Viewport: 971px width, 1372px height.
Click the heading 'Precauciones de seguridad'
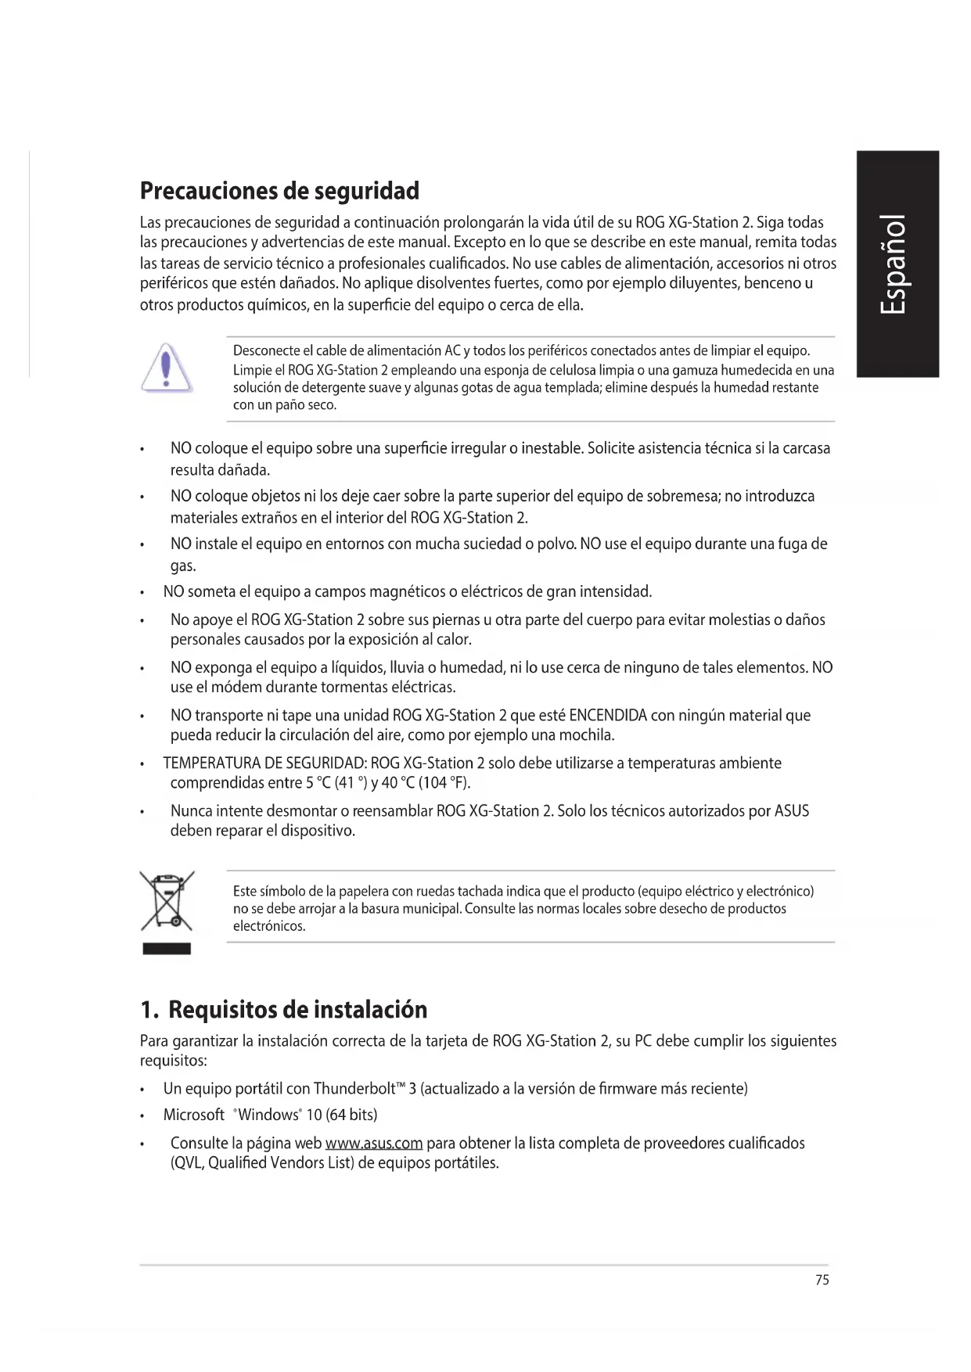coord(279,191)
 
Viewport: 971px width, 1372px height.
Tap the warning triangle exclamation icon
coord(166,368)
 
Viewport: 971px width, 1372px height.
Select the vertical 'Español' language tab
coord(896,264)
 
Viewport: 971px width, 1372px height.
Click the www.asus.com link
coord(373,1144)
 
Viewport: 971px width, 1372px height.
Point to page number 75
coord(822,1280)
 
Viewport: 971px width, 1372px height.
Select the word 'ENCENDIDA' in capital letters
coord(608,716)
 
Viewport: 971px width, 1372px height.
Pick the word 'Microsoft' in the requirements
coord(194,1115)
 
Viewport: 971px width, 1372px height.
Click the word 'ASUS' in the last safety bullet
coord(791,811)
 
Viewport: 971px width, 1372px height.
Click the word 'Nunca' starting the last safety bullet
coord(191,811)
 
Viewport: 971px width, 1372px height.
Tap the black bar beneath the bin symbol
coord(167,949)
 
